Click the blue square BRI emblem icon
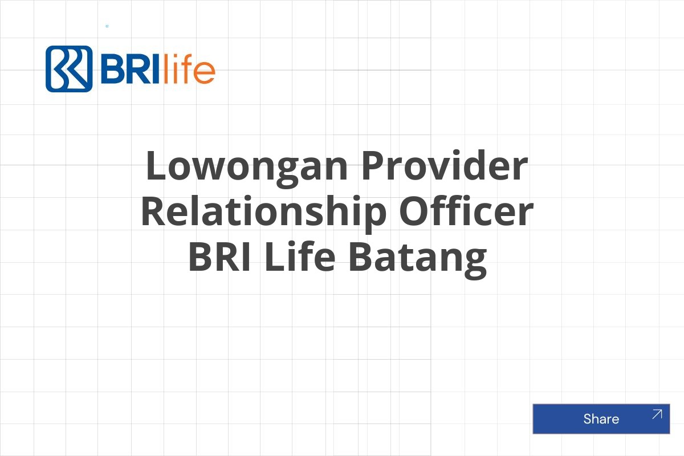pyautogui.click(x=69, y=69)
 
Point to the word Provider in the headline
pyautogui.click(x=445, y=167)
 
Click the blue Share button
pyautogui.click(x=601, y=419)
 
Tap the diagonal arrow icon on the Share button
pyautogui.click(x=657, y=414)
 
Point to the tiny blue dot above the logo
pyautogui.click(x=107, y=26)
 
